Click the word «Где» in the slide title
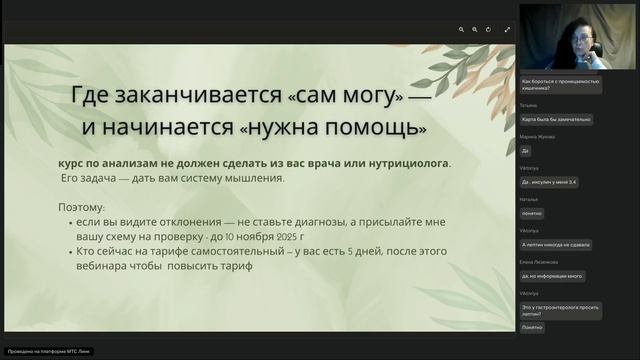click(96, 98)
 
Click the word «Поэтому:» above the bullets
click(82, 207)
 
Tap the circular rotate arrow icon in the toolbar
click(488, 30)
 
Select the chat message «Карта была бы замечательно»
click(557, 119)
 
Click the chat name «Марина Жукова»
click(537, 135)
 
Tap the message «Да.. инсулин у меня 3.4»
click(555, 182)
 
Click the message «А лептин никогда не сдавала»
click(558, 244)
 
